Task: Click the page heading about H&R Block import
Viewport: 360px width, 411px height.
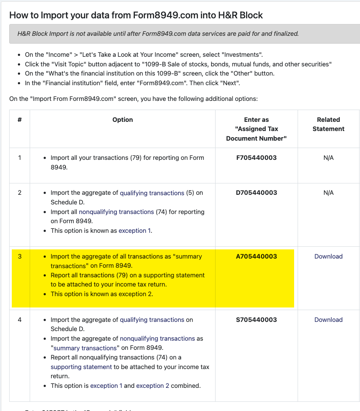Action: coord(136,15)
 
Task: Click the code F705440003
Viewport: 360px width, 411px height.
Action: coord(257,158)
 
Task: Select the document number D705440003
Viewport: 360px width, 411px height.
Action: coord(257,193)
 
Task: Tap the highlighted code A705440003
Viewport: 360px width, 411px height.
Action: coord(257,256)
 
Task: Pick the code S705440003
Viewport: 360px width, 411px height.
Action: coord(257,320)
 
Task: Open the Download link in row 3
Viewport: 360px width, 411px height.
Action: coord(329,256)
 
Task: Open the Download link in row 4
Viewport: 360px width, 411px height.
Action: coord(329,320)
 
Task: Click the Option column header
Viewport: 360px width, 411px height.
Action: coord(123,120)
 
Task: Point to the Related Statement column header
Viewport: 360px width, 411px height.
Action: coord(329,124)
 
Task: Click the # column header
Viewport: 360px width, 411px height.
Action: coord(20,120)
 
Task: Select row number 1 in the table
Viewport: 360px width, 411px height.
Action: coord(20,158)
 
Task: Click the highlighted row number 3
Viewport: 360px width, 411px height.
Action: coord(20,256)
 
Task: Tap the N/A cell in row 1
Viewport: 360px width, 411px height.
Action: coord(329,158)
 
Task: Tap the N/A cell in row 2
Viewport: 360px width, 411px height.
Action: coord(329,193)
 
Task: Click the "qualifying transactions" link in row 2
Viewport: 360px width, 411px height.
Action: coord(152,193)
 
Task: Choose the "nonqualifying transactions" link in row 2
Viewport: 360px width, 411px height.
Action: coord(116,212)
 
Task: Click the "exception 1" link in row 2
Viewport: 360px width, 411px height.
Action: coord(135,231)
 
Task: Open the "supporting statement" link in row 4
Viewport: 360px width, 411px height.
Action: coord(81,367)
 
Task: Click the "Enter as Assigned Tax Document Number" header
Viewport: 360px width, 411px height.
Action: coord(257,129)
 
